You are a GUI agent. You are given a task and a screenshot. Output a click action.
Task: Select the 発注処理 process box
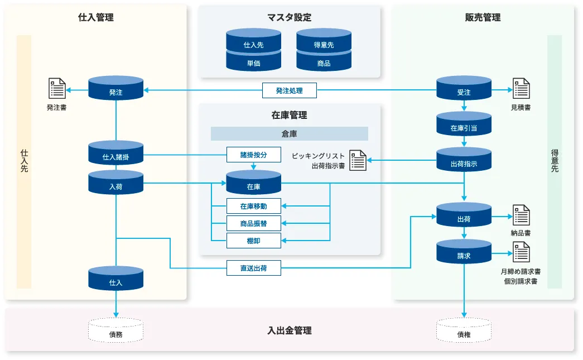290,90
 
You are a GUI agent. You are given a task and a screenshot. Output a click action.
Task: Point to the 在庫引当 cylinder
464,125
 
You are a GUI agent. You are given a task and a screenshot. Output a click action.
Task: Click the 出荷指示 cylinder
464,161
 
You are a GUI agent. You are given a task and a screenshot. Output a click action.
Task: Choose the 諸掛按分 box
254,155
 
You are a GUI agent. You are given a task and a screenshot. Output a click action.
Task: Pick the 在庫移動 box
254,207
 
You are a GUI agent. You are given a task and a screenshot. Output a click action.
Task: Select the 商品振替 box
254,223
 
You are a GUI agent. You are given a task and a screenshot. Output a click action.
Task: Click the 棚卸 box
254,241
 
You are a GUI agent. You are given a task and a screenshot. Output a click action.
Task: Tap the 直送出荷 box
254,268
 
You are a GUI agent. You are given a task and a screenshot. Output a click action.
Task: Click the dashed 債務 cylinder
116,331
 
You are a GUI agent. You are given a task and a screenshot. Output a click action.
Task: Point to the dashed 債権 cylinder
464,331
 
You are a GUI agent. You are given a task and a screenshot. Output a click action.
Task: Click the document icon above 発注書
56,89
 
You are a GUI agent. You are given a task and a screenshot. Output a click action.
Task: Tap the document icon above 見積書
521,89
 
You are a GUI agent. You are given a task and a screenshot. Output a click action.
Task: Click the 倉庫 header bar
290,134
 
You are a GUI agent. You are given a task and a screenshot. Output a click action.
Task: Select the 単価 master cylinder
254,61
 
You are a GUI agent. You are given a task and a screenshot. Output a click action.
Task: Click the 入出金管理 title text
290,330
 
